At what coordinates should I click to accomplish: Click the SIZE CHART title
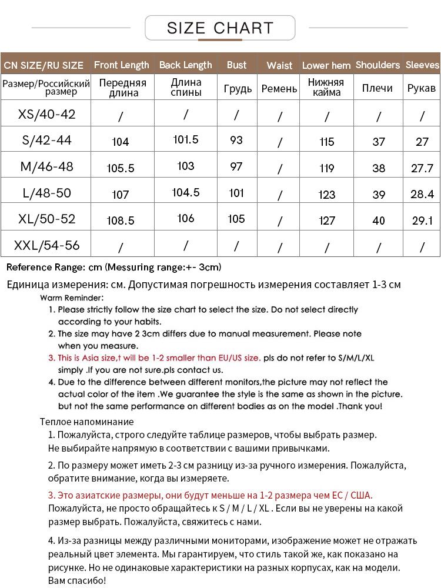(x=220, y=28)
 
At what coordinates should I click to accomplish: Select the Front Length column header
(x=122, y=65)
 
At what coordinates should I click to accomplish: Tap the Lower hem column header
(x=326, y=65)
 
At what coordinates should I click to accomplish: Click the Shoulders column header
(x=377, y=65)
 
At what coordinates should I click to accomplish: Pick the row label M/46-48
(x=47, y=166)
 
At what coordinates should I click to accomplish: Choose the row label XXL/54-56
(x=47, y=245)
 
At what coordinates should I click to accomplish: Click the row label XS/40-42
(x=47, y=114)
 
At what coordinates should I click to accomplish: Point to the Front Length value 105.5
(x=121, y=168)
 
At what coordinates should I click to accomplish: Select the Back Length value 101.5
(x=186, y=139)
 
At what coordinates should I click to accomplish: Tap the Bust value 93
(x=236, y=140)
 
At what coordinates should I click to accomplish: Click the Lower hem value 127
(x=326, y=220)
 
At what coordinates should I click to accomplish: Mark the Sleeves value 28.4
(x=422, y=194)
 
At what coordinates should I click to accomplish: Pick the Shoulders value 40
(x=379, y=220)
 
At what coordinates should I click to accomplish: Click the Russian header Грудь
(x=238, y=89)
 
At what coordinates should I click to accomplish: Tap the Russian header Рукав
(x=422, y=88)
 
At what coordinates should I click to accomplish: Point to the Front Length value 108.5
(x=121, y=221)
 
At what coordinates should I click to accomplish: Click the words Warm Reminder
(x=72, y=298)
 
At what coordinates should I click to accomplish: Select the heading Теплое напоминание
(x=87, y=422)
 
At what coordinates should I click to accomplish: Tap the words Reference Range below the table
(x=45, y=267)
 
